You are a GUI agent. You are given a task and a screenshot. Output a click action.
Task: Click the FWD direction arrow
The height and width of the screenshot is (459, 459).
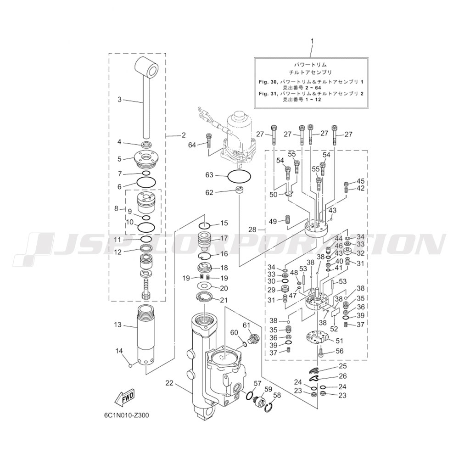coord(125,399)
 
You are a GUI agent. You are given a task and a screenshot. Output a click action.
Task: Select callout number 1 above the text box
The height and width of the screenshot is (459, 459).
coord(312,41)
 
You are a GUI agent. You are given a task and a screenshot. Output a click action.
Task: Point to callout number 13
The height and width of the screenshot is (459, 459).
coord(118,325)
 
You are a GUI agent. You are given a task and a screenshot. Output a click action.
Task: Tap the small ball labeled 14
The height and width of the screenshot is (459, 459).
coord(131,365)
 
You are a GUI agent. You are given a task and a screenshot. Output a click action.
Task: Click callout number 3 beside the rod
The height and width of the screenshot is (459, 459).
coord(119,100)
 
